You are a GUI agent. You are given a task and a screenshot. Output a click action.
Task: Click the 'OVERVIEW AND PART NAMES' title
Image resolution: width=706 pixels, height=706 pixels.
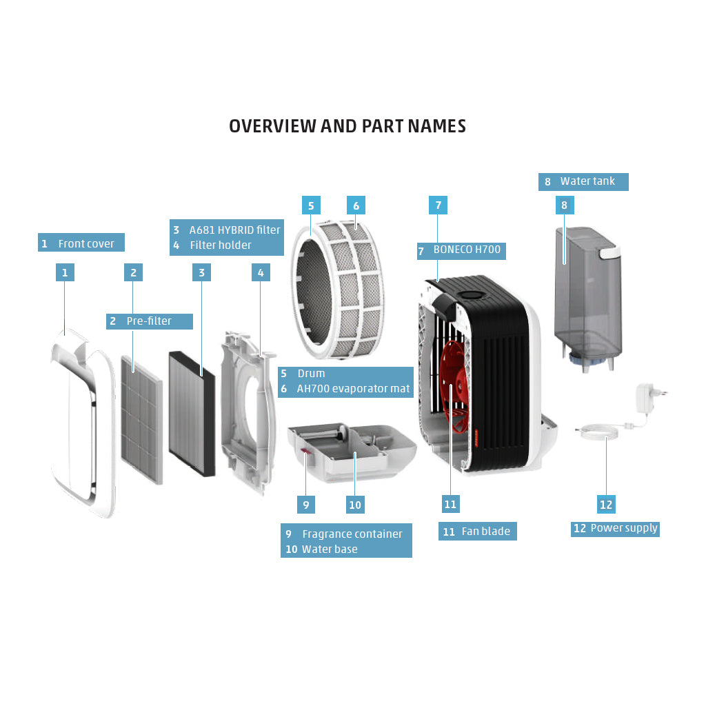(x=347, y=126)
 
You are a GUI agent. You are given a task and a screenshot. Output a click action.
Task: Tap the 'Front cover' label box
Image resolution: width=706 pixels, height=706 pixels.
(x=81, y=243)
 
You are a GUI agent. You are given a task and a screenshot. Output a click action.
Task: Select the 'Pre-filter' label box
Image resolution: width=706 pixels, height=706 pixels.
(x=150, y=321)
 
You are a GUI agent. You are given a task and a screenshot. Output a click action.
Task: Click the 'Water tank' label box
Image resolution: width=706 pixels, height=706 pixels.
(x=583, y=182)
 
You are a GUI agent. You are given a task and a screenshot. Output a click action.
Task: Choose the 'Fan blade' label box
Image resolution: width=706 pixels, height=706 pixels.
(x=477, y=532)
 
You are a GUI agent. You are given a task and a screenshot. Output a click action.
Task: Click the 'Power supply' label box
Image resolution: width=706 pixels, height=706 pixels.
(x=615, y=529)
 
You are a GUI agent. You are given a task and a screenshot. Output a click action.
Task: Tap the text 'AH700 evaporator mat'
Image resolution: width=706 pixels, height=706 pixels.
(x=353, y=389)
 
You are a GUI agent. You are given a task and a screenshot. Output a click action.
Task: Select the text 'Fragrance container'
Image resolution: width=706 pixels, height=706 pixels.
(x=352, y=534)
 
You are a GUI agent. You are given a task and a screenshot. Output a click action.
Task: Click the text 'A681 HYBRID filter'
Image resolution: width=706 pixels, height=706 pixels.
(x=234, y=230)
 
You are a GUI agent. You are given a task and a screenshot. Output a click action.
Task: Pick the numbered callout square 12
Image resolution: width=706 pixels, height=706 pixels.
(x=606, y=505)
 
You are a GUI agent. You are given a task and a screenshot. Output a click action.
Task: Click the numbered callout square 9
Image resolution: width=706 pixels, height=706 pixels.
(x=306, y=505)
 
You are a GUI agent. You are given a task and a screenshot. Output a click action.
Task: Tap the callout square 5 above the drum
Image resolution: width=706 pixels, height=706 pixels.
(x=311, y=205)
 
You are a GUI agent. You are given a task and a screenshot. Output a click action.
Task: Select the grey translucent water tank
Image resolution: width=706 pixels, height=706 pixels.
(x=587, y=297)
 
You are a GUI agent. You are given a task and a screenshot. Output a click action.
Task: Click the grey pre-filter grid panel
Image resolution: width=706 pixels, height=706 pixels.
(x=141, y=420)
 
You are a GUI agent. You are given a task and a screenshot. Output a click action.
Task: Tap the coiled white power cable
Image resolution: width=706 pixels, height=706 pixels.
(x=598, y=432)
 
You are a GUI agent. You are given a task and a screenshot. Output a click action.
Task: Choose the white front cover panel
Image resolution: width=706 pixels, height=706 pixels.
(x=83, y=423)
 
